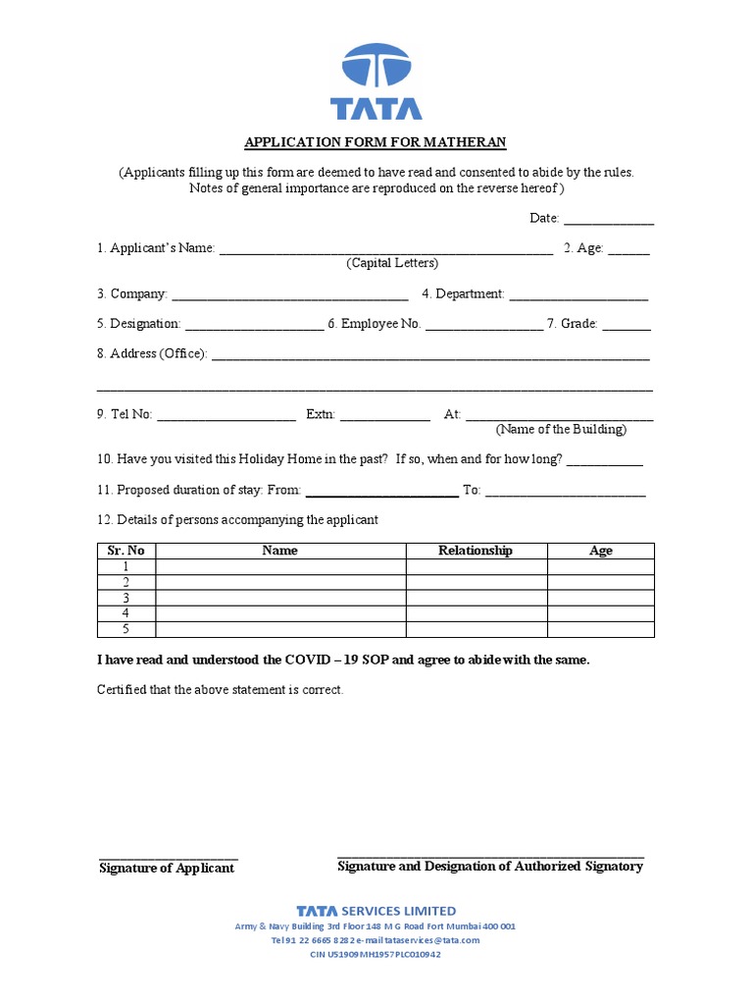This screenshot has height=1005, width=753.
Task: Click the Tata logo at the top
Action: (x=376, y=80)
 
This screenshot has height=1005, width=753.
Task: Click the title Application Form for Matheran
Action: (x=376, y=142)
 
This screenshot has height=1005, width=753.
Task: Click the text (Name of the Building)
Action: (x=561, y=430)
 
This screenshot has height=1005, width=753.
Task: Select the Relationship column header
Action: (x=476, y=551)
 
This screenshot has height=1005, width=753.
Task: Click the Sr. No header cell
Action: (x=125, y=551)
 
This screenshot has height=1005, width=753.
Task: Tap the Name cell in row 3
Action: (x=279, y=598)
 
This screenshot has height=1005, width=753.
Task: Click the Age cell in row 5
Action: (x=600, y=629)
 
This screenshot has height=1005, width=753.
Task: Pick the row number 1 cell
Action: (x=125, y=566)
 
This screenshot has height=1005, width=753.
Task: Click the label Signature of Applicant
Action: (x=167, y=868)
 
